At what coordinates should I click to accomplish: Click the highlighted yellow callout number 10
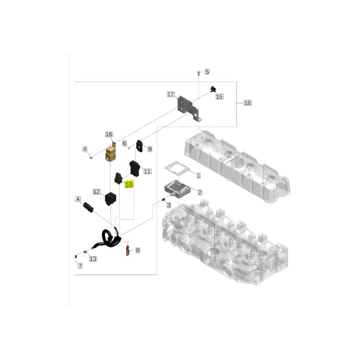[x=129, y=184]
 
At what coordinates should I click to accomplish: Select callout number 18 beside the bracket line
[x=247, y=103]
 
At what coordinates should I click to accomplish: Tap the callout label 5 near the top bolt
[x=207, y=72]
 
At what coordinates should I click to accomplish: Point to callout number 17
[x=171, y=94]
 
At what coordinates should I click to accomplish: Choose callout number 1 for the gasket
[x=199, y=176]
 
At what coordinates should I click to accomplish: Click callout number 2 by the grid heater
[x=200, y=192]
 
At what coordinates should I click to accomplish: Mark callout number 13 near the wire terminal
[x=93, y=259]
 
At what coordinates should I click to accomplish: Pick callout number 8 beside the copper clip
[x=137, y=250]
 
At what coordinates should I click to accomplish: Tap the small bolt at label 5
[x=199, y=74]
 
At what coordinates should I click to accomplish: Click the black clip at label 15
[x=213, y=89]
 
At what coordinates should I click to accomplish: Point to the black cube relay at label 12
[x=111, y=199]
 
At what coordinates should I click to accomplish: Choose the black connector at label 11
[x=135, y=169]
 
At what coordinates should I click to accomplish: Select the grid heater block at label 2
[x=177, y=189]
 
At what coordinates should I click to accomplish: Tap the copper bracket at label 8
[x=127, y=250]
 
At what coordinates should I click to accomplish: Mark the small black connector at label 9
[x=139, y=146]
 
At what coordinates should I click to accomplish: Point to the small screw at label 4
[x=91, y=157]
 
